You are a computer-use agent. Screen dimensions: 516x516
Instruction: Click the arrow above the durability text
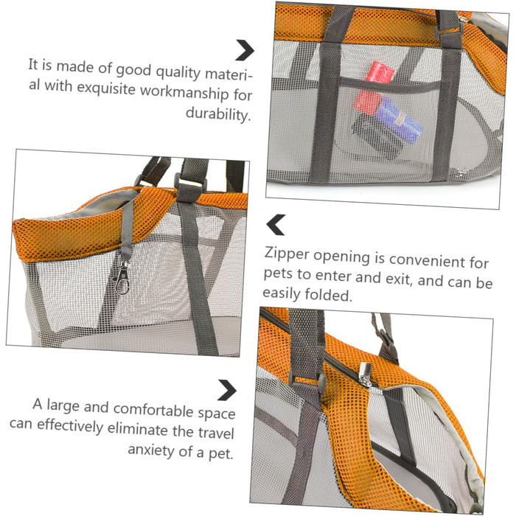coord(246,50)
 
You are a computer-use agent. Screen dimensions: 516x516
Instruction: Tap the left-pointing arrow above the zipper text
coord(275,225)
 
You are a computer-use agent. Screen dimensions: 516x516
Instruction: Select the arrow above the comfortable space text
coord(228,390)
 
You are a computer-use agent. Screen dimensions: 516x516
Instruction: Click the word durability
coord(218,114)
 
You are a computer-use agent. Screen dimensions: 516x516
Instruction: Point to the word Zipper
coord(287,254)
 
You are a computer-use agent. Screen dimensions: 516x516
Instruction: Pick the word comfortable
coord(153,408)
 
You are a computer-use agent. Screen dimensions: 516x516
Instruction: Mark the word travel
coord(216,432)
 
